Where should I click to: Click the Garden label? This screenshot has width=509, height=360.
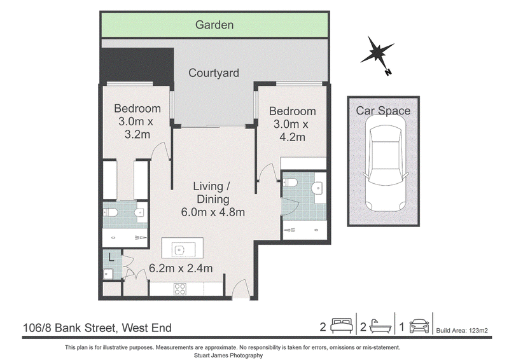214,25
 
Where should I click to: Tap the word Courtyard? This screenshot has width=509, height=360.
214,73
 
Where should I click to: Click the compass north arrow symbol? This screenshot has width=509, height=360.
377,53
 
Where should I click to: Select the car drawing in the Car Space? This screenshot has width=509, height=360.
386,163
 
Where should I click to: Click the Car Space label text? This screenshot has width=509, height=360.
383,111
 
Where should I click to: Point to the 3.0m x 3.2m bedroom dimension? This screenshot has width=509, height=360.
136,128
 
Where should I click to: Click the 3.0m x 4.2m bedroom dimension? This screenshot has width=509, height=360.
291,130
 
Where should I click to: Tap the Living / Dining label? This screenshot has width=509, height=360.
212,193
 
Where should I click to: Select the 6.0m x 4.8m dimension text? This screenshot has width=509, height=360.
213,212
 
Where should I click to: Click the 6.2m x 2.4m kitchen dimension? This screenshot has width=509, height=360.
181,268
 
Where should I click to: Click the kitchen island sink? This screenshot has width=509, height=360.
179,250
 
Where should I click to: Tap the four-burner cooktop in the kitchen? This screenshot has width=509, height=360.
180,289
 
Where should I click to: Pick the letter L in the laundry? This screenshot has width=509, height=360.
111,258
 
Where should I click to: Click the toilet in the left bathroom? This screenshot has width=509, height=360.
111,212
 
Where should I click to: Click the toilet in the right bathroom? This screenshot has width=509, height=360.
290,183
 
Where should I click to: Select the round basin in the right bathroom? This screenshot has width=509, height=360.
317,187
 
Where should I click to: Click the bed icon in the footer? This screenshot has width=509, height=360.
341,326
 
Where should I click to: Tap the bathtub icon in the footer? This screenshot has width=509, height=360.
380,326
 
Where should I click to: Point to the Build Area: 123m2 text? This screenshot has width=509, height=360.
462,331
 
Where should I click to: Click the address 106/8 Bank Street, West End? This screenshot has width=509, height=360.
97,328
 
